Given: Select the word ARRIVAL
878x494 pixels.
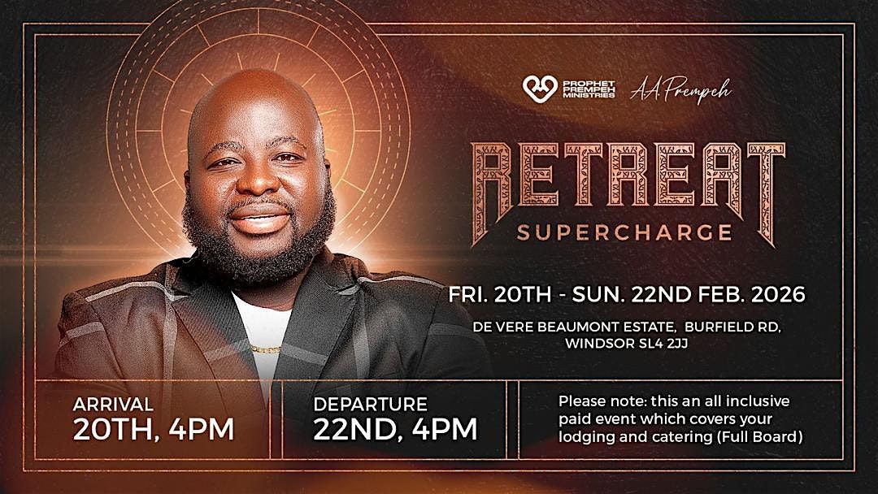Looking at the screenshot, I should click(113, 404).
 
